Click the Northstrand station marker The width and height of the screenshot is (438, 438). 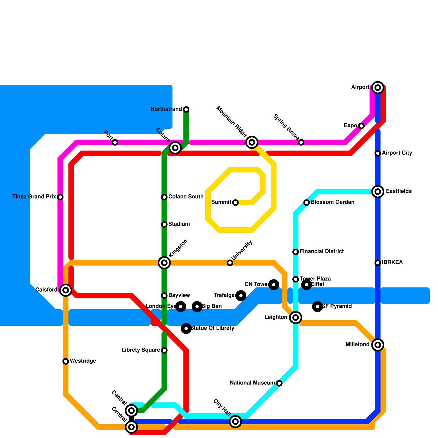point(186,109)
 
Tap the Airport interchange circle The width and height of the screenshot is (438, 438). point(378,88)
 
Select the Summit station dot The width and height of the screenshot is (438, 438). point(235,203)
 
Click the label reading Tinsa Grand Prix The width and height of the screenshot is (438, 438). point(34,197)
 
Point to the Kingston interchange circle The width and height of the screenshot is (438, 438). point(164,263)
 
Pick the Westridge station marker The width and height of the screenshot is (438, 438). point(66,361)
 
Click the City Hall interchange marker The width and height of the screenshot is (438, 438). point(235,422)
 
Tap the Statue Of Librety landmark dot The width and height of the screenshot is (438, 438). point(186,328)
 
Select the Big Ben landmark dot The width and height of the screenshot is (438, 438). point(197,307)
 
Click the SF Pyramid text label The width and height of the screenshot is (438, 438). point(337,306)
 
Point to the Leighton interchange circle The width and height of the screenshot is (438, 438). point(296,318)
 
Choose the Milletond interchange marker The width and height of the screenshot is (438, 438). point(378,345)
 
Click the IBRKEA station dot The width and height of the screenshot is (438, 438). point(378,263)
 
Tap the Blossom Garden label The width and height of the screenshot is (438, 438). point(333,202)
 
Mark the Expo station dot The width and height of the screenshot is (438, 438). point(361,126)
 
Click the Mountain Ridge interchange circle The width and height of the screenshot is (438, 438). point(252,142)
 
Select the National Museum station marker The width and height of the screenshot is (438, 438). point(279,383)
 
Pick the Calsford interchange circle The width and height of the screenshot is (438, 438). point(66,290)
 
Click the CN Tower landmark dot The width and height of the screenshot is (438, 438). point(274,285)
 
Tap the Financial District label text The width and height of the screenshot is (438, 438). point(322,252)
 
